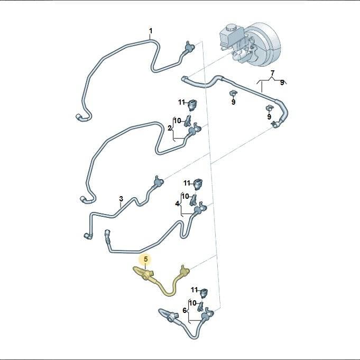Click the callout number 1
(x=151, y=31)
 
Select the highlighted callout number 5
(x=146, y=259)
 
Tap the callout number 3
(x=121, y=199)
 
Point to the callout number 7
(x=273, y=73)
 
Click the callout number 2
(x=170, y=128)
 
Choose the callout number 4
(x=177, y=204)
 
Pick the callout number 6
(x=185, y=310)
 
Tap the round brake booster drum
(x=264, y=44)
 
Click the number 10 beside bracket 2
(x=178, y=121)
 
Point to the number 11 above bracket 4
(x=187, y=183)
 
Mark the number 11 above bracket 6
(x=194, y=290)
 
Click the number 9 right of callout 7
(x=282, y=82)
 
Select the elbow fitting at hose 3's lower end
(x=88, y=236)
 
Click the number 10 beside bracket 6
(x=192, y=303)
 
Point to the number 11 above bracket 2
(x=182, y=102)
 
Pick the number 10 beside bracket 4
(x=185, y=196)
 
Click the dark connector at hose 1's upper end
(x=189, y=47)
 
